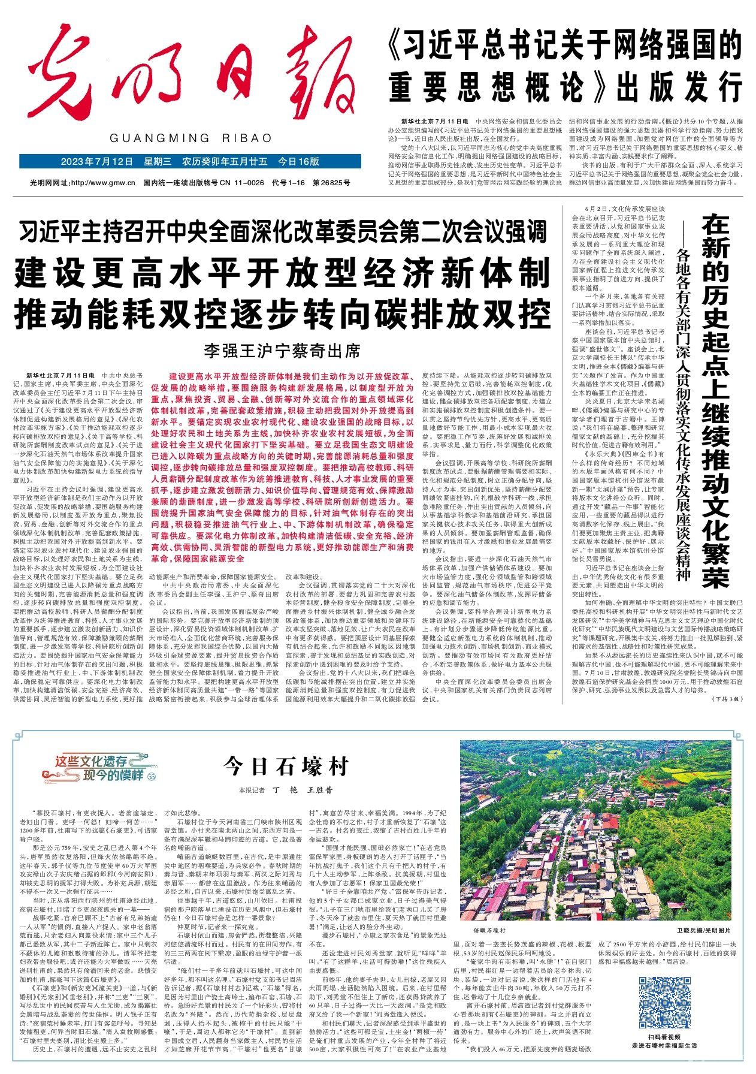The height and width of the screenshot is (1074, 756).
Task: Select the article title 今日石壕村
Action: (x=286, y=766)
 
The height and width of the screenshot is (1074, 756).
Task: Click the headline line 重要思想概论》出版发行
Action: (x=563, y=88)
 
